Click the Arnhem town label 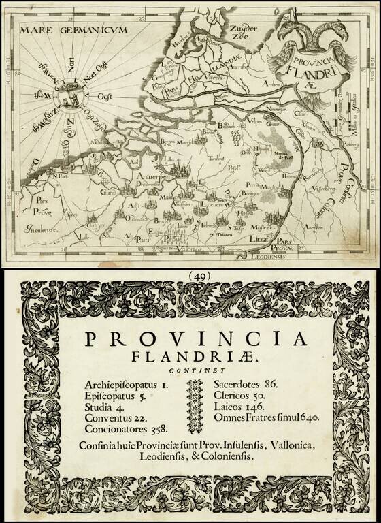(x=272, y=101)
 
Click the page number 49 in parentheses (x=190, y=276)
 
